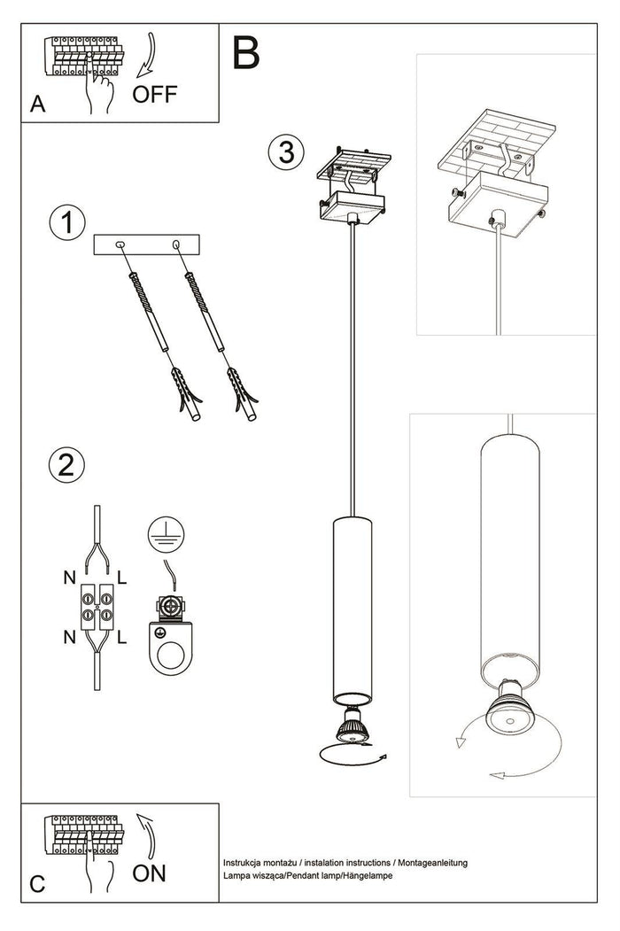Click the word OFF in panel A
(155, 95)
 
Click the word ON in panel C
(149, 873)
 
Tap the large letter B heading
(247, 53)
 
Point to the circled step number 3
(282, 152)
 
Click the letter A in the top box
(37, 105)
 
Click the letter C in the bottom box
(37, 884)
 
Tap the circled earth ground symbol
(160, 532)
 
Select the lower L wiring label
(121, 636)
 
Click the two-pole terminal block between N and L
(96, 604)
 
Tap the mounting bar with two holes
(149, 243)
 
